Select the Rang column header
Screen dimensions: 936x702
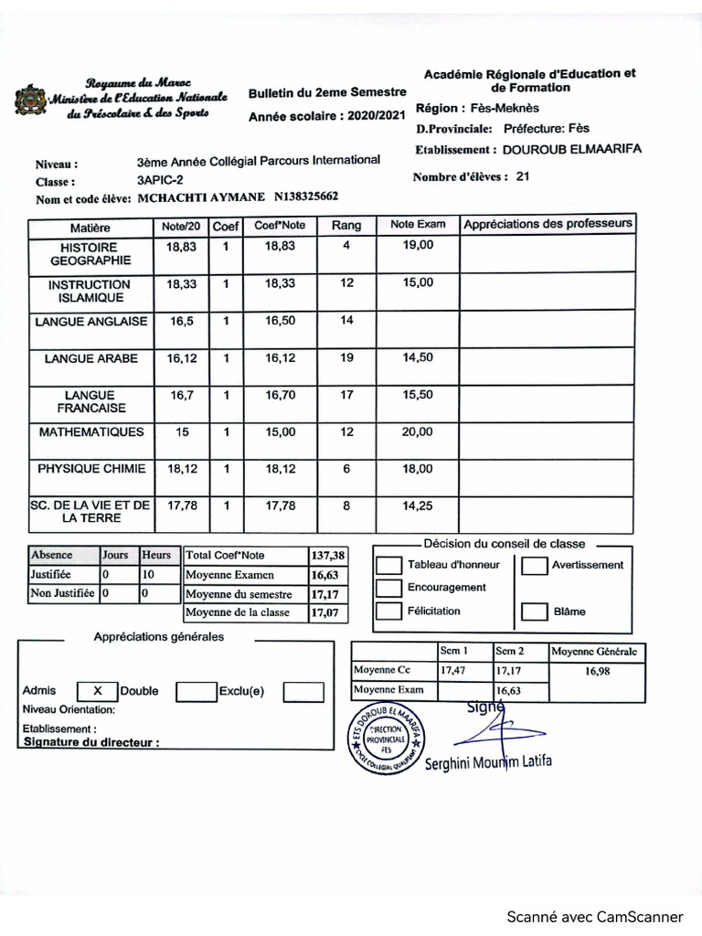point(346,225)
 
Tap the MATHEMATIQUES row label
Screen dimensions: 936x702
point(90,431)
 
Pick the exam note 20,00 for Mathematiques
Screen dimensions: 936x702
point(418,431)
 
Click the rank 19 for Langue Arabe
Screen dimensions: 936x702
point(346,358)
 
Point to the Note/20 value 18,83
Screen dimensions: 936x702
point(181,247)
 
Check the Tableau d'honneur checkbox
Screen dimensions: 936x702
point(389,566)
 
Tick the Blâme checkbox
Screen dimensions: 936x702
point(534,612)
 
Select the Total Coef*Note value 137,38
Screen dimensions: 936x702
point(327,556)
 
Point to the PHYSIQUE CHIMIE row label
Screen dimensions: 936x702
point(90,469)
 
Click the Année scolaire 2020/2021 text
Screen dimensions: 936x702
point(326,116)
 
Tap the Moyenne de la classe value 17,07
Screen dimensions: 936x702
point(324,613)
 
